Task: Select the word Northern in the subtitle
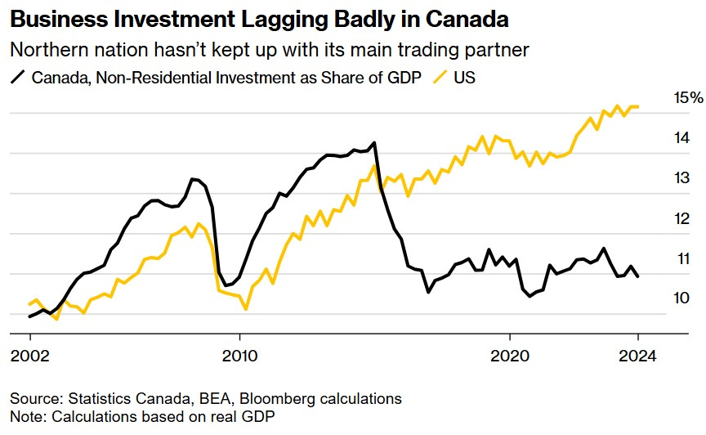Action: (45, 49)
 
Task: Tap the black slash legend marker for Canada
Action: (17, 78)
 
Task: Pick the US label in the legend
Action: (464, 78)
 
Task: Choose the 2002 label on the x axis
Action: (30, 357)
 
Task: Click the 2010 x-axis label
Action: (239, 357)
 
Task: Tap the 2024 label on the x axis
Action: (637, 357)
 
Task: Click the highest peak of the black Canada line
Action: (374, 143)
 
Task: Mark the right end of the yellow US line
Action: (638, 106)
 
